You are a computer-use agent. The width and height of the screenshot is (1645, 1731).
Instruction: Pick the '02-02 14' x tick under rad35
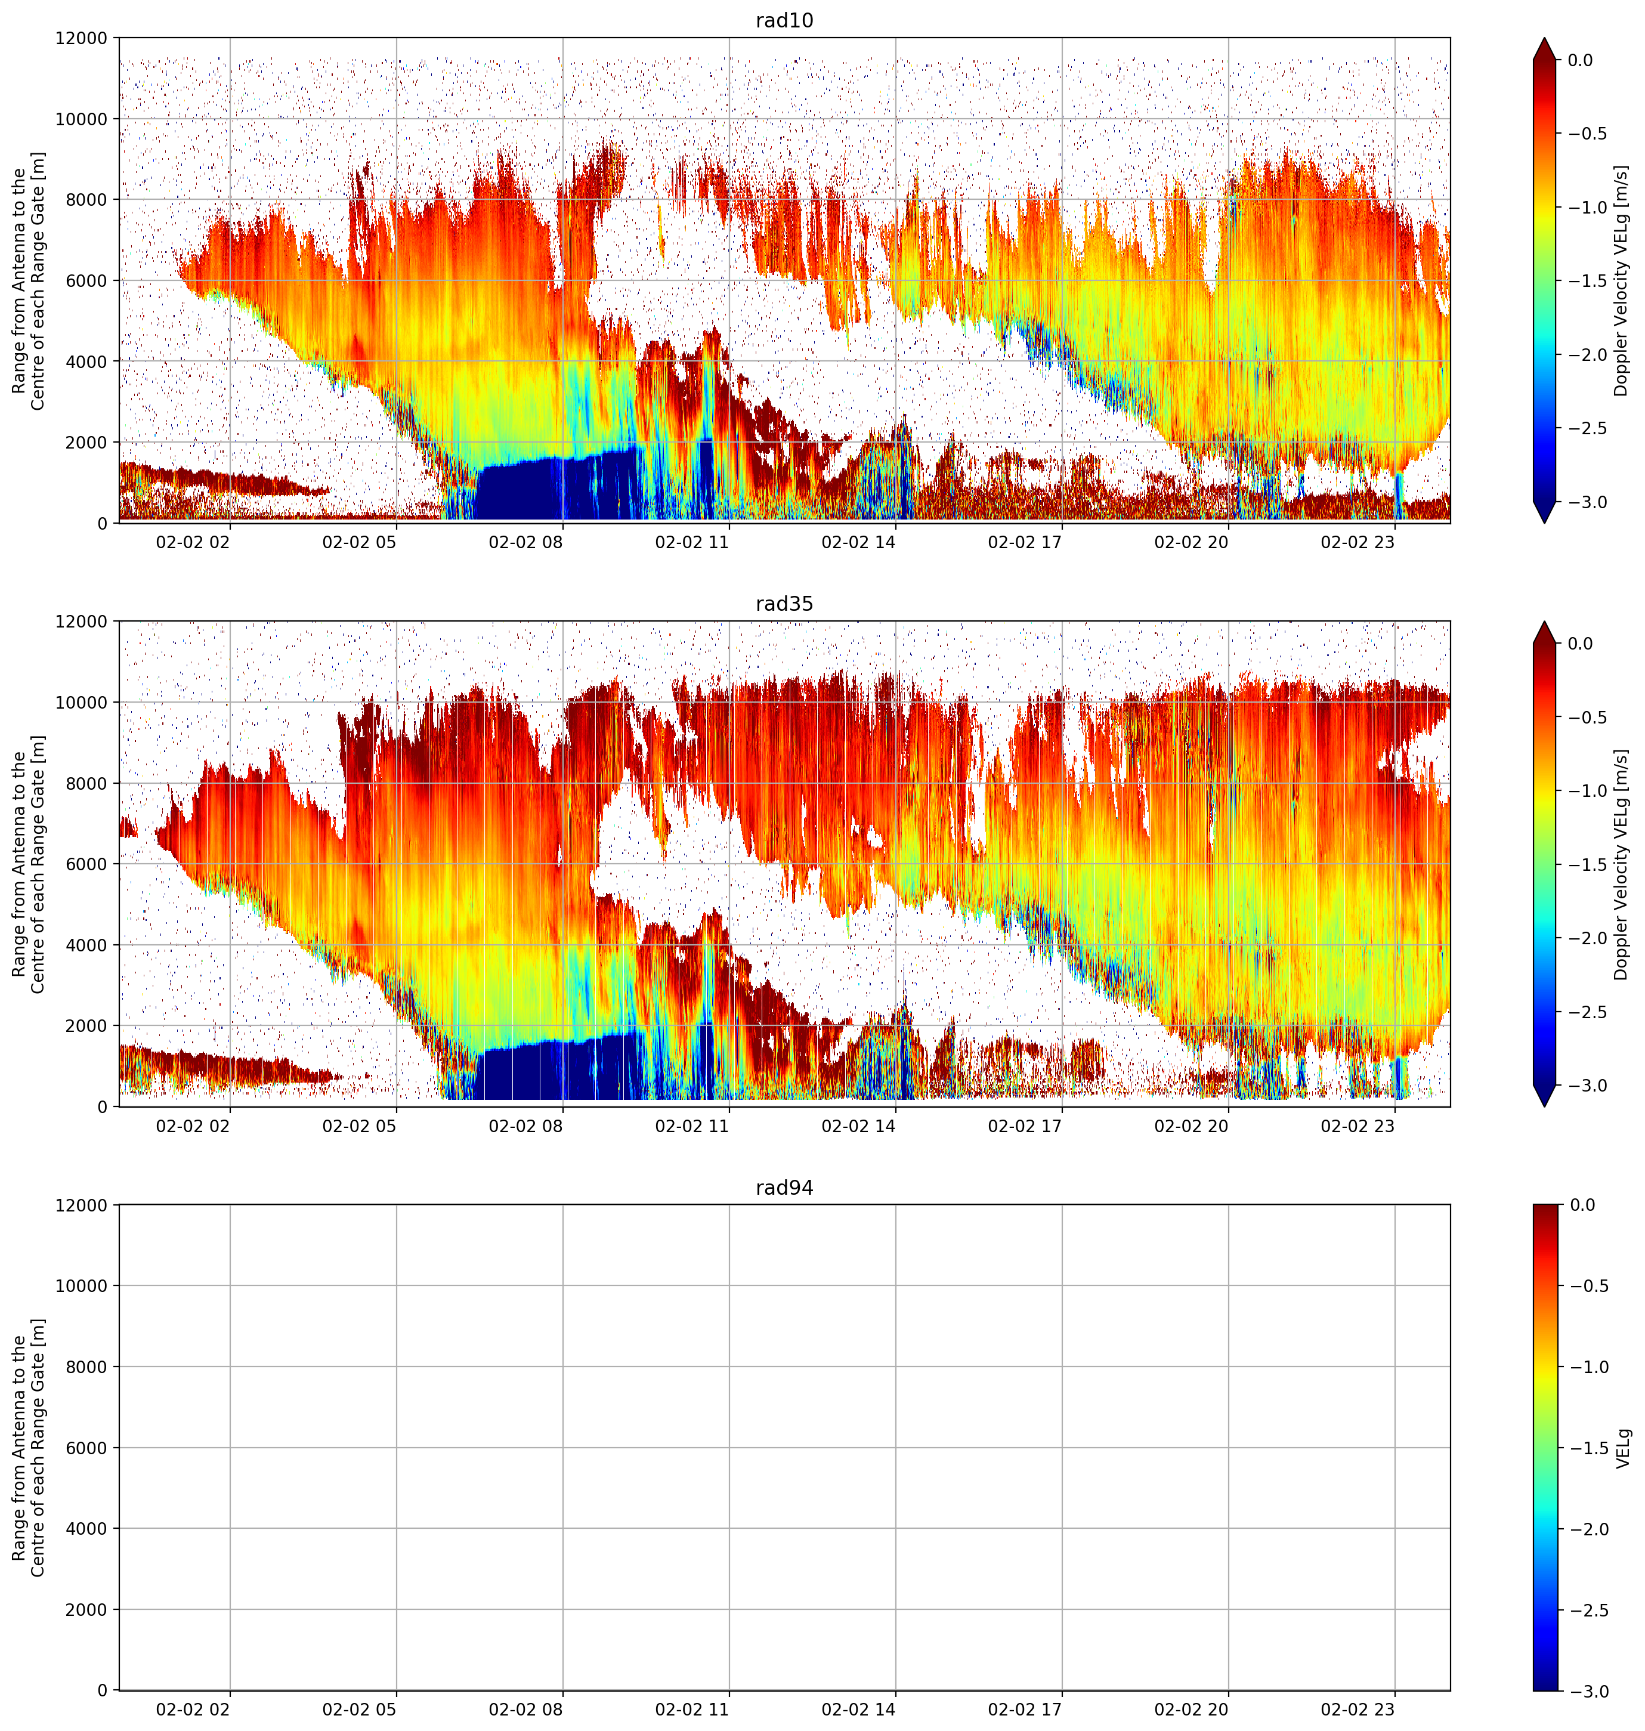point(858,1125)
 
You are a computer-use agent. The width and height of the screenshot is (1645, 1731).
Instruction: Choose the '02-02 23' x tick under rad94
point(1358,1709)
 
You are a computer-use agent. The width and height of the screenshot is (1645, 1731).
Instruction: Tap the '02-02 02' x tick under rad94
point(193,1709)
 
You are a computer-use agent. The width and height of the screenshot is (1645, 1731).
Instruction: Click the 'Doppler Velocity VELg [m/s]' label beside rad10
point(1621,280)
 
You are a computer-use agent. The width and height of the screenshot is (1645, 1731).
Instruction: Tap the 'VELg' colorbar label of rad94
point(1623,1448)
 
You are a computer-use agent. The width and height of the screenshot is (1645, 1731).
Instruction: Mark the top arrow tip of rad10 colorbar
point(1544,38)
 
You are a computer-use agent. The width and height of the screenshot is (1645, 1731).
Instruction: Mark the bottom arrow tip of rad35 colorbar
point(1544,1106)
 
